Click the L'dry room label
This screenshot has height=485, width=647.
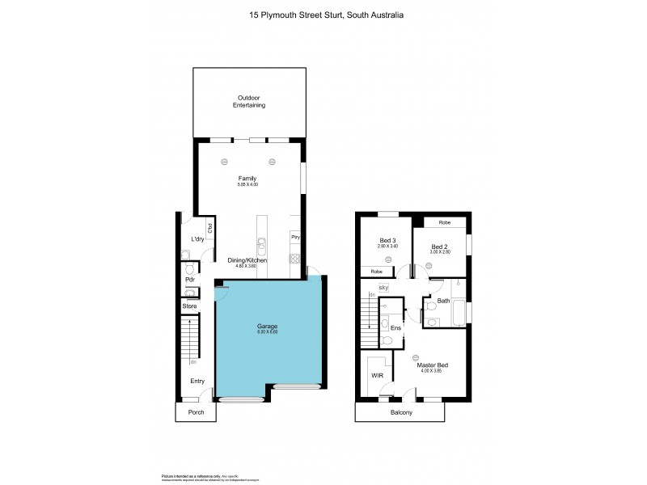tap(197, 239)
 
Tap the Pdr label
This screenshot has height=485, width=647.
tap(190, 280)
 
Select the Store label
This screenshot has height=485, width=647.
tap(190, 306)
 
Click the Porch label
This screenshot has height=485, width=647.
tap(197, 412)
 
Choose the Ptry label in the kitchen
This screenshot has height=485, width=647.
tap(295, 238)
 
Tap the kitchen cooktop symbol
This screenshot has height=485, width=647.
tap(295, 260)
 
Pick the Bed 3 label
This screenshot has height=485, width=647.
tap(388, 240)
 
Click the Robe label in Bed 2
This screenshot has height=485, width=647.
tap(444, 222)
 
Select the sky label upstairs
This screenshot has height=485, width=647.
tap(383, 286)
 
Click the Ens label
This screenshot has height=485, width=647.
tap(395, 328)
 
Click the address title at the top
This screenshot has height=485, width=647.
tap(323, 15)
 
